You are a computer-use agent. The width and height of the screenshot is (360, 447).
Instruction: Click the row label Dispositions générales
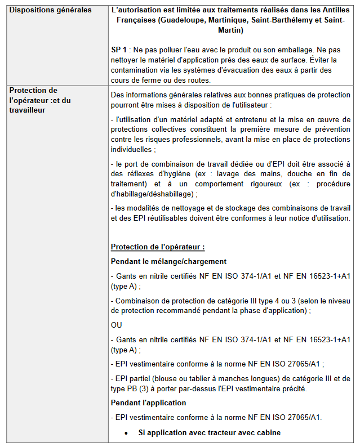point(50,10)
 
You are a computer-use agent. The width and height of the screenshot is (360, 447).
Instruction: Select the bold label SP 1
point(118,50)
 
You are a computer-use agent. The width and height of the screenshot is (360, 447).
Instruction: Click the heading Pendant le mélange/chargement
point(168,261)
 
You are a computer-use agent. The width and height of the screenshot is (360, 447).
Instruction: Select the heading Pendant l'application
point(148,403)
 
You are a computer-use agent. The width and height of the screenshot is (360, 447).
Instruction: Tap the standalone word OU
point(117,325)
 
